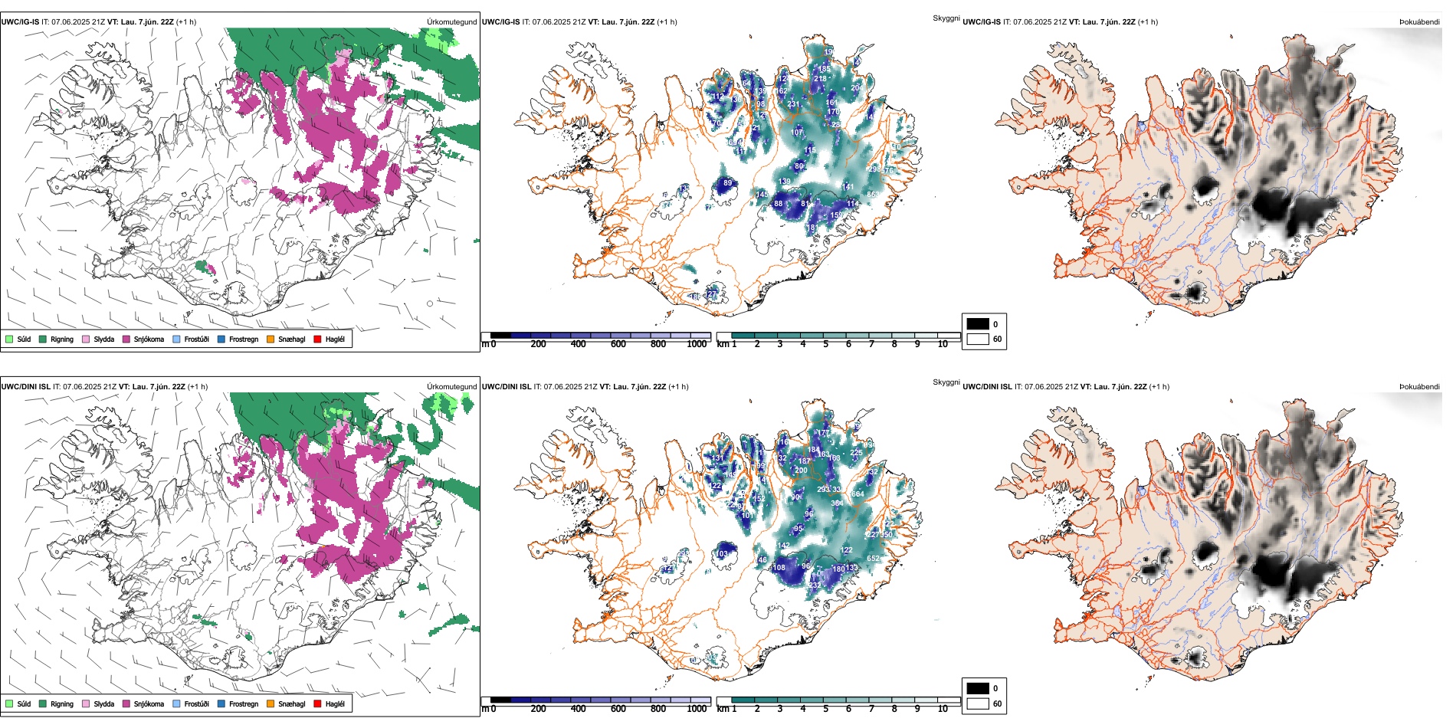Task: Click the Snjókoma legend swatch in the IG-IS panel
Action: coord(126,339)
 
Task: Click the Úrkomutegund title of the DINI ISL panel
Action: coord(451,386)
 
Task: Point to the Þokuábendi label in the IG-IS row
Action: coord(1419,22)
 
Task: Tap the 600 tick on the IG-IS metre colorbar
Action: coord(618,344)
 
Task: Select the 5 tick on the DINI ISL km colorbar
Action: coord(825,709)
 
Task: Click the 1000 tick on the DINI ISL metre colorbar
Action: coord(697,709)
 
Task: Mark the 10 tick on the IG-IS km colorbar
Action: coord(943,344)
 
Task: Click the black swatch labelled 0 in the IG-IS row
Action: coord(978,323)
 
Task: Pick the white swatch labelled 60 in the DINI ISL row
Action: coord(978,703)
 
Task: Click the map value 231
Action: coord(793,104)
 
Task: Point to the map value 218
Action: coord(820,79)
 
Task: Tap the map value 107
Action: coord(797,133)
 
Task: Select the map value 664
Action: coord(858,494)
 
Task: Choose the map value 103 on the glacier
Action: coord(722,554)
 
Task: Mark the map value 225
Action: coord(856,453)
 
